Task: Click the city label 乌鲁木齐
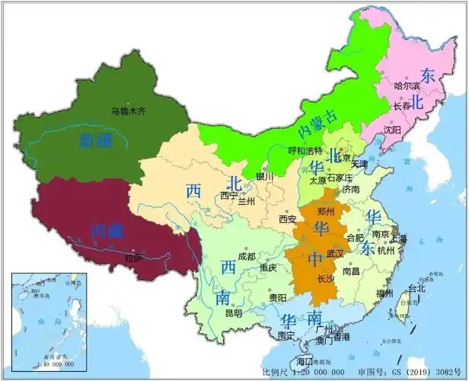pos(129,110)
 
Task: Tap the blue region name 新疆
pos(96,139)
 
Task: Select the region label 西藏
pos(106,229)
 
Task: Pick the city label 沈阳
pos(393,130)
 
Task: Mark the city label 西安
pos(287,219)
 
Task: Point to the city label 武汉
pos(335,252)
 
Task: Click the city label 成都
pos(247,257)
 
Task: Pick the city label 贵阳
pos(277,297)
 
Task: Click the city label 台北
pos(417,289)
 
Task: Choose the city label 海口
pos(305,360)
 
